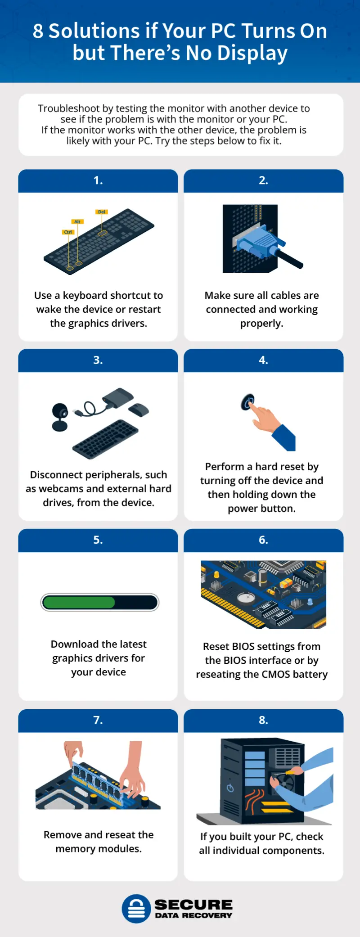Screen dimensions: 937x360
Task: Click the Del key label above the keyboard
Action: coord(102,212)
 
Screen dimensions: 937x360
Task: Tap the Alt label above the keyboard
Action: coord(77,222)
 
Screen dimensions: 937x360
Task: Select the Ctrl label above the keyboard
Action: coord(68,232)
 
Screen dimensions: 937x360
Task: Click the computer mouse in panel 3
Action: coord(139,410)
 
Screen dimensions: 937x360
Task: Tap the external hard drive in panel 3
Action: coord(118,397)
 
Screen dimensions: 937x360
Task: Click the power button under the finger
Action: coord(247,401)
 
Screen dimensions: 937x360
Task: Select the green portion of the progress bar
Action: coord(79,603)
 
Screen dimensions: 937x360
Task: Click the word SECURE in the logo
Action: coord(193,905)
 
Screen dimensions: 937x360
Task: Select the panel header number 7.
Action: coord(98,720)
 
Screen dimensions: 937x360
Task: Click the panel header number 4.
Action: coord(263,360)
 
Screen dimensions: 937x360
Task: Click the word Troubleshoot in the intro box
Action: coord(69,108)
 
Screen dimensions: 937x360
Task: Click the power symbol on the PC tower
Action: coord(230,788)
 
